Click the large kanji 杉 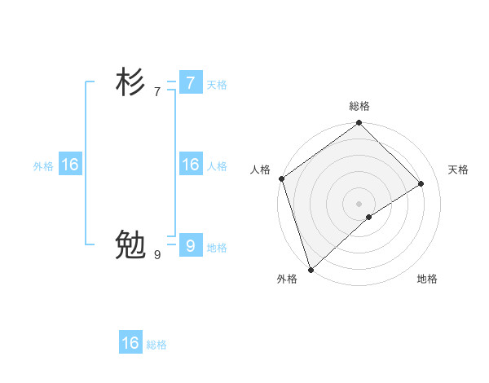(x=130, y=82)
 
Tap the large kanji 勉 (x=130, y=244)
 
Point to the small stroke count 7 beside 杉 (x=157, y=92)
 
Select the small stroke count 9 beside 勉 (x=157, y=255)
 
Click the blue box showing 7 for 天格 (x=190, y=82)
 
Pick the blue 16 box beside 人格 (x=190, y=165)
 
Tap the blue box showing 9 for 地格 (x=190, y=245)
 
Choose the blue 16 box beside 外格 (x=69, y=165)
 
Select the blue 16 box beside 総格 (x=130, y=343)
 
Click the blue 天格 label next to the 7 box (x=217, y=85)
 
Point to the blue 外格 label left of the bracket (x=43, y=166)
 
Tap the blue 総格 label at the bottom (x=156, y=345)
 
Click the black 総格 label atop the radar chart (x=359, y=106)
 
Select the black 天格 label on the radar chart (x=459, y=169)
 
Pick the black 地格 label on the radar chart (x=427, y=279)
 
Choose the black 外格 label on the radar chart (x=287, y=279)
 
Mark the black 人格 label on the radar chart (x=260, y=169)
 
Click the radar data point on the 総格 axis (x=359, y=124)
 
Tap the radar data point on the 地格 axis (x=369, y=217)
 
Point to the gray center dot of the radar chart (x=359, y=203)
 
